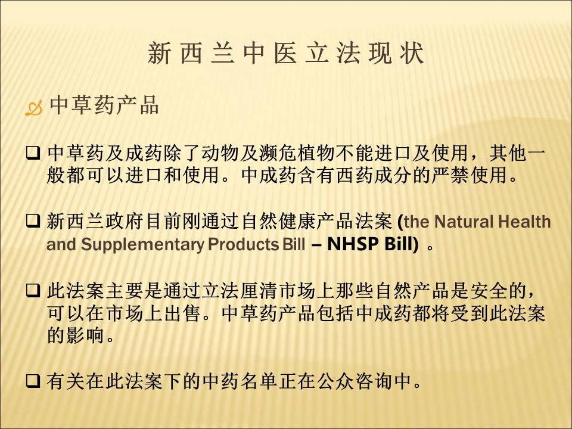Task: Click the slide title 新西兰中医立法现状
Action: tap(285, 53)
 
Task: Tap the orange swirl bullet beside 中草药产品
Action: tap(33, 108)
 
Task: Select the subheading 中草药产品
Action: tap(104, 105)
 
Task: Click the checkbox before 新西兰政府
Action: tap(33, 220)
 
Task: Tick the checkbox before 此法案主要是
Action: tap(33, 291)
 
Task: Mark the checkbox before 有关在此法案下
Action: tap(33, 381)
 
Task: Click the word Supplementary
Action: tap(142, 244)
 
